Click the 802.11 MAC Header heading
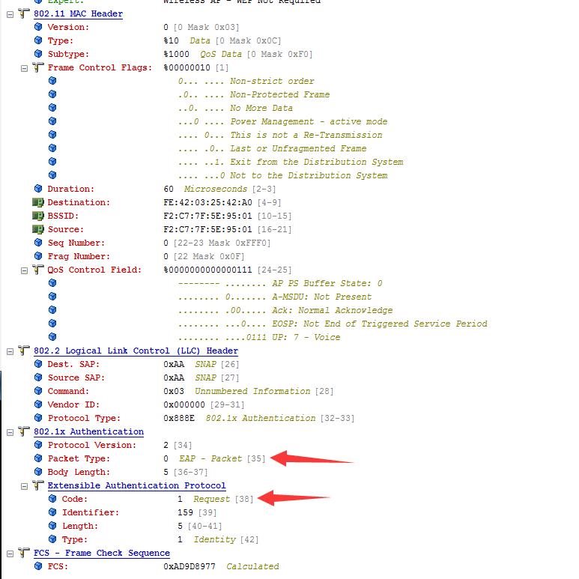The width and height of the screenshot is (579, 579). (78, 13)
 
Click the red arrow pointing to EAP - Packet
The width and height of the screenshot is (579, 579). (311, 458)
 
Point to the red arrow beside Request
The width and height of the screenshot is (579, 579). (299, 497)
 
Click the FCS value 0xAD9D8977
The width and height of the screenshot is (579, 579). (190, 566)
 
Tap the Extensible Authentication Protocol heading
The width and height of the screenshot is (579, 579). (136, 485)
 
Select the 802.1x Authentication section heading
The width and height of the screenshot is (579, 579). (88, 431)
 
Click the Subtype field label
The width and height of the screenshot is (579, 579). (67, 54)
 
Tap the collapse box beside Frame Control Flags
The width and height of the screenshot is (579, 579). (24, 67)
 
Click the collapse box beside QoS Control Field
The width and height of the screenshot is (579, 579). (24, 270)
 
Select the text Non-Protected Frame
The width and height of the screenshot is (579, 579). (279, 94)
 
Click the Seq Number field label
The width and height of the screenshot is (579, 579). (76, 243)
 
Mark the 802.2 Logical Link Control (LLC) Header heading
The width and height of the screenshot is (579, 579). (136, 351)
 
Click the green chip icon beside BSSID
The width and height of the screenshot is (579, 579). (37, 216)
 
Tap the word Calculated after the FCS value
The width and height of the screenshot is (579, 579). (252, 566)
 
